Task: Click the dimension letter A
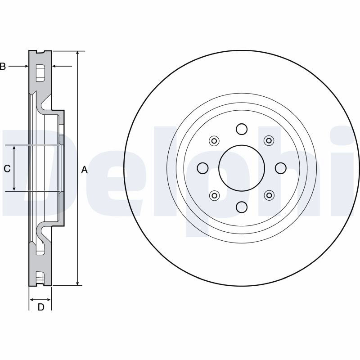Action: click(85, 170)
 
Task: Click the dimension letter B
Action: click(3, 66)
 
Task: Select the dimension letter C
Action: click(7, 169)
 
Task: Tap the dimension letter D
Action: click(41, 307)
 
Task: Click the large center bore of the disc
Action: click(242, 168)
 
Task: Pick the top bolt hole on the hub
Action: click(242, 129)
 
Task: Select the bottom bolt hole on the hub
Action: click(242, 207)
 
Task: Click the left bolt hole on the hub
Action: click(203, 168)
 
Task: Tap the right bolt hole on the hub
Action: click(280, 168)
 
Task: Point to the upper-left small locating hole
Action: click(214, 141)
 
